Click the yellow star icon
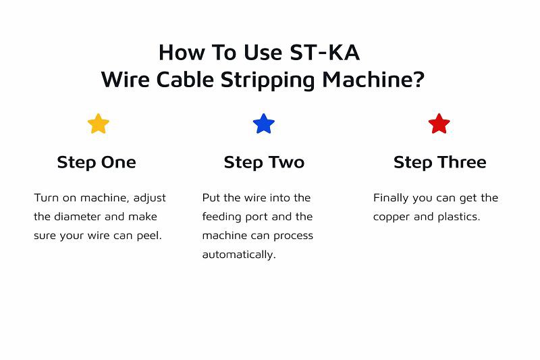pos(98,124)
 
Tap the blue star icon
pos(263,124)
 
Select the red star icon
pos(439,124)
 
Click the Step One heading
pos(97,162)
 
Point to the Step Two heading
pos(264,162)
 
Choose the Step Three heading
pos(439,162)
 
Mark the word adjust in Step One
pos(150,198)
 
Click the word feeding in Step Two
pos(221,217)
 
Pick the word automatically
pos(239,255)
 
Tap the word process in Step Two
pos(294,236)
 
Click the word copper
pos(391,217)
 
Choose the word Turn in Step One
pos(45,198)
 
